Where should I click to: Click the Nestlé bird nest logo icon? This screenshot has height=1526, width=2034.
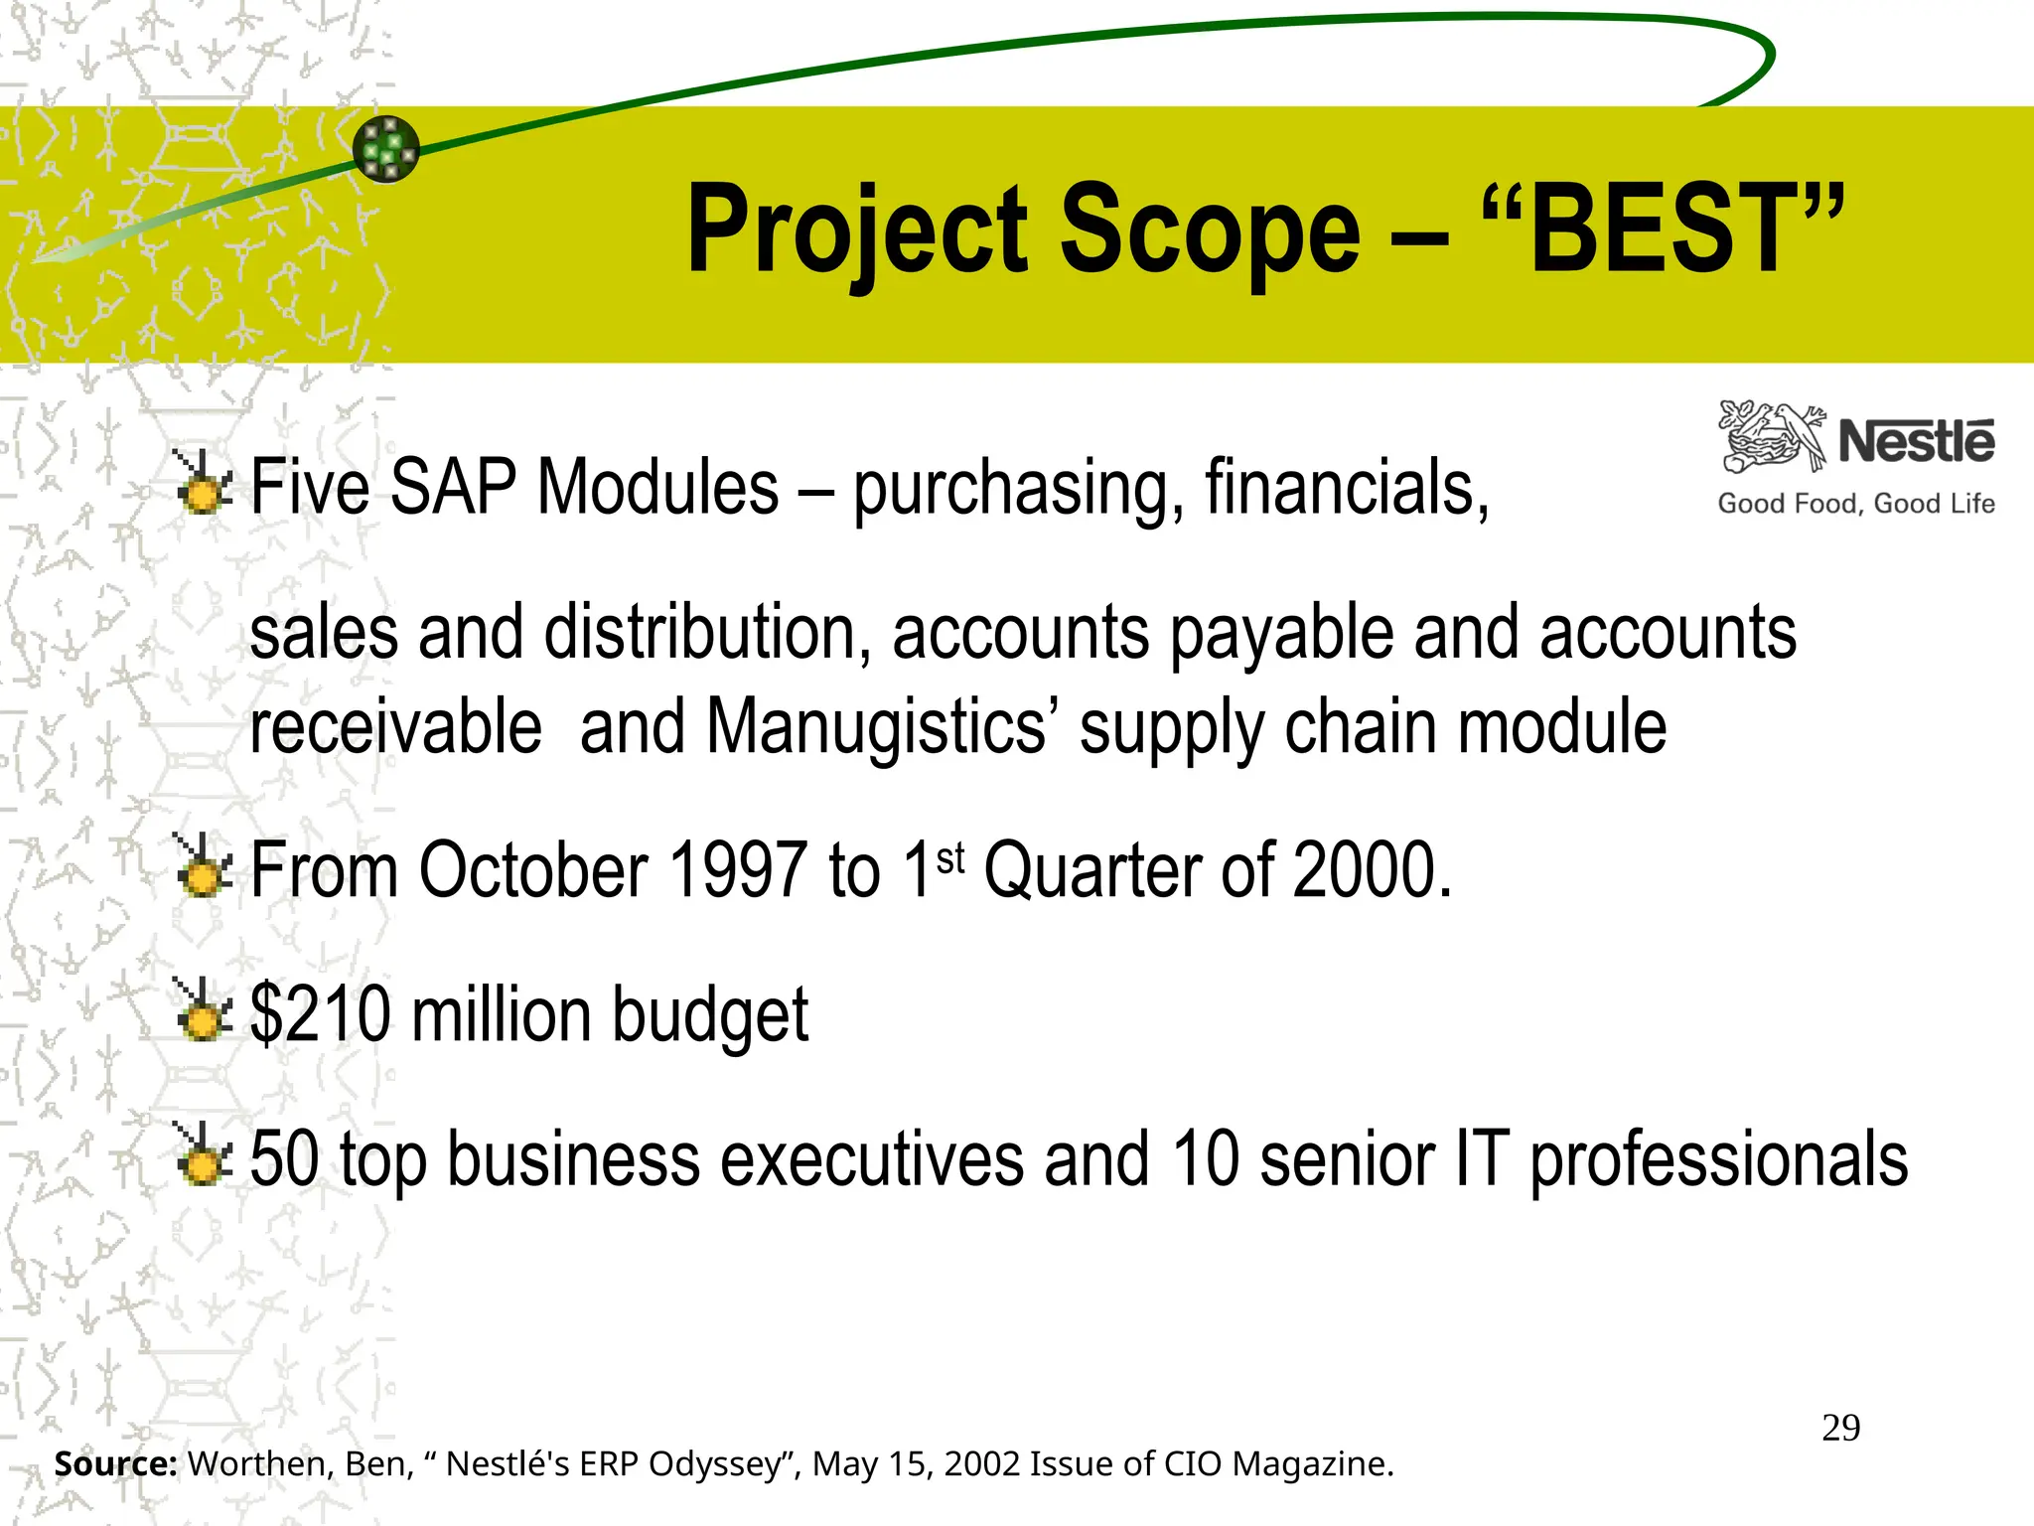click(1772, 437)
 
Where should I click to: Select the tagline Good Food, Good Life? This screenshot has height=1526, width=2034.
click(1855, 504)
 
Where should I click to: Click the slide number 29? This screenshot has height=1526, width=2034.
click(1840, 1428)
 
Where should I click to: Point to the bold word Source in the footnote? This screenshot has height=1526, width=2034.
click(115, 1463)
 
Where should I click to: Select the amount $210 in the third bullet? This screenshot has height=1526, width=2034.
click(320, 1013)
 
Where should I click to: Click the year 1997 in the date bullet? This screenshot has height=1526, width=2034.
click(738, 870)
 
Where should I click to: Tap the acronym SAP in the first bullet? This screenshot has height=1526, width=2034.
click(453, 487)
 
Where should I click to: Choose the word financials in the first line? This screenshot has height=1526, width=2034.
click(1346, 487)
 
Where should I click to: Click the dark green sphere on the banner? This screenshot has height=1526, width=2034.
click(386, 149)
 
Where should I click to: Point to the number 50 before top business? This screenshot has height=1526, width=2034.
click(284, 1158)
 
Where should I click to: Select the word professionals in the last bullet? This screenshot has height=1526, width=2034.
click(1718, 1160)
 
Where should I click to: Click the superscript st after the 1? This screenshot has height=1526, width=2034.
click(950, 857)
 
